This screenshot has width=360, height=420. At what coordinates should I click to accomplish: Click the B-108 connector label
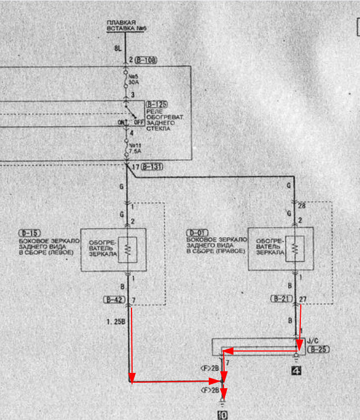pyautogui.click(x=146, y=60)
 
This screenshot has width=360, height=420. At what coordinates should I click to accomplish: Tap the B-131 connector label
pyautogui.click(x=152, y=166)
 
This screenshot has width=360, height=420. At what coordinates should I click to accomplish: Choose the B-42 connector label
pyautogui.click(x=113, y=300)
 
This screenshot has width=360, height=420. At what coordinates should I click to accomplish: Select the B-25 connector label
pyautogui.click(x=319, y=349)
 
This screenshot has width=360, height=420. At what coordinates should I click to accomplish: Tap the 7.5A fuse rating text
pyautogui.click(x=135, y=151)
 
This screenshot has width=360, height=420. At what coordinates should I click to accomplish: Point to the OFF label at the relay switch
pyautogui.click(x=139, y=122)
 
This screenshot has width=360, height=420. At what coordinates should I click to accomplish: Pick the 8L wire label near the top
pyautogui.click(x=117, y=49)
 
